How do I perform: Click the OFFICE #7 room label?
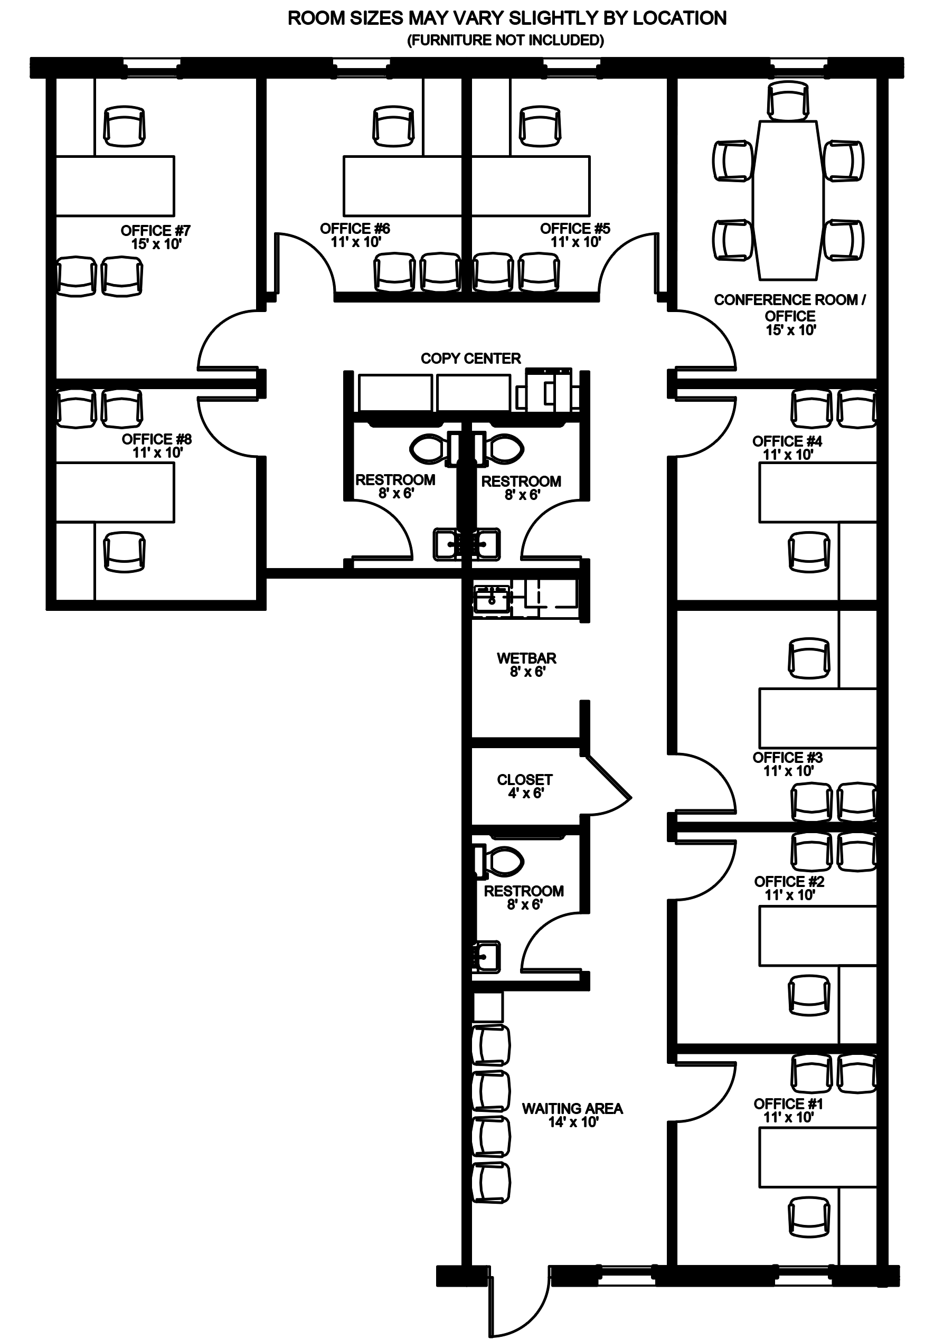155,231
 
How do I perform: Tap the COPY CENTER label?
470,358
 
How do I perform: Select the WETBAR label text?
526,658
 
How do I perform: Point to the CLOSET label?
525,780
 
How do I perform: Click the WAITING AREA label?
572,1108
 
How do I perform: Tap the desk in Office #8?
115,493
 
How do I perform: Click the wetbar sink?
492,598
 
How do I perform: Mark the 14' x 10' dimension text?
573,1122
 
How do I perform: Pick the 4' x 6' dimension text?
526,793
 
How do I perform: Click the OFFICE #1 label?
788,1103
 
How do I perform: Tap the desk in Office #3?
818,719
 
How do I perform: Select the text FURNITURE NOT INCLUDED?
505,40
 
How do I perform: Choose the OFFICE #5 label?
575,229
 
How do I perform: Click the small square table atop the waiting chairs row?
488,1007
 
